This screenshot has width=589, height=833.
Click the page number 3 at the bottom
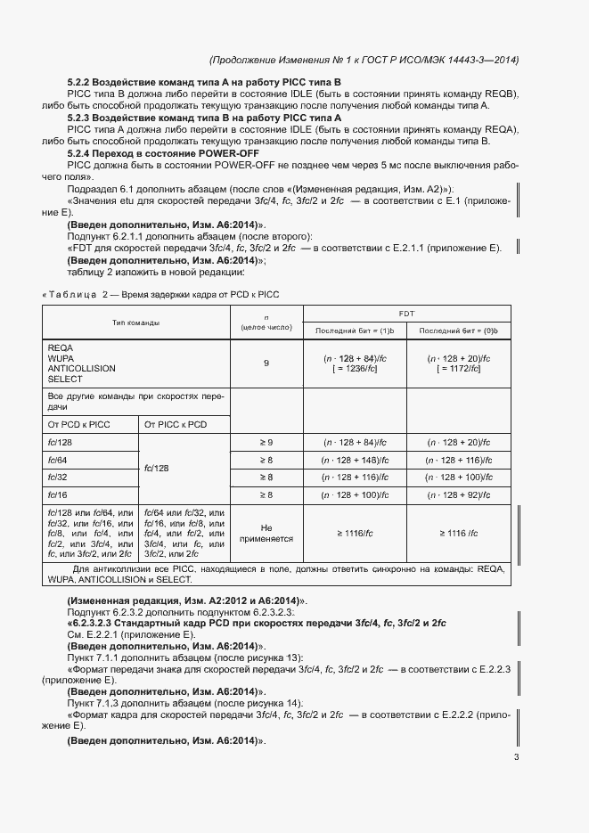click(x=516, y=757)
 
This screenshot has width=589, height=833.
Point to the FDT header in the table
click(x=407, y=314)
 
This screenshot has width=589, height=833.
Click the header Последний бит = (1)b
click(x=355, y=331)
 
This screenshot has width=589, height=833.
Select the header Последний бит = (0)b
click(x=459, y=331)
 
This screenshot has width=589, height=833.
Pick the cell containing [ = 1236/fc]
click(x=355, y=368)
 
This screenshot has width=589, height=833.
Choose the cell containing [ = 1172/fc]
click(x=459, y=368)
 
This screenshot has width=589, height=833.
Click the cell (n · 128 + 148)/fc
click(x=355, y=460)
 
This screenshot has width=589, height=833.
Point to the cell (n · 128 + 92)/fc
click(x=459, y=494)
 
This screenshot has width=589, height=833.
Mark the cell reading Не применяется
click(x=266, y=533)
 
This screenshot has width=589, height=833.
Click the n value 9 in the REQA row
click(x=266, y=363)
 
